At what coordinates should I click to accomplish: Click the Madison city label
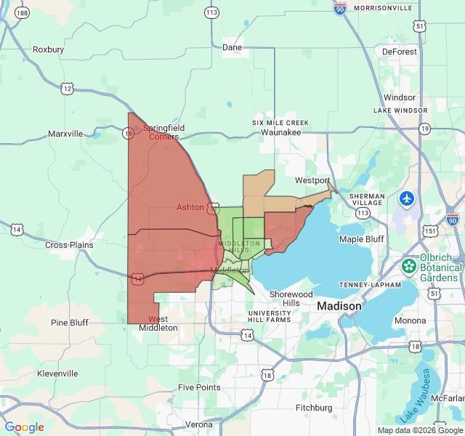(x=339, y=307)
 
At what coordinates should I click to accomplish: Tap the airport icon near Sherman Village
(x=407, y=198)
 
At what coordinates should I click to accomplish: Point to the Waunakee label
(x=280, y=132)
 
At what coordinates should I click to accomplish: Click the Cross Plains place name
(x=69, y=245)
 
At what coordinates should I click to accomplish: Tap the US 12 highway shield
(x=68, y=88)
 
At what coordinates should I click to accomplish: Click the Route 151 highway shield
(x=431, y=230)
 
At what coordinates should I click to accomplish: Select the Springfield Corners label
(x=163, y=132)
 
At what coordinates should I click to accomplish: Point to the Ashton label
(x=190, y=207)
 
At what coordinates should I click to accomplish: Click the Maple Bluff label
(x=361, y=239)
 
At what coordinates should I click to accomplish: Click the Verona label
(x=199, y=424)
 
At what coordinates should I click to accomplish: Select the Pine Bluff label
(x=70, y=323)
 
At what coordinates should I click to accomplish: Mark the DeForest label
(x=399, y=52)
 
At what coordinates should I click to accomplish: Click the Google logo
(x=24, y=427)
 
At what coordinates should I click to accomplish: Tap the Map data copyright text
(x=420, y=430)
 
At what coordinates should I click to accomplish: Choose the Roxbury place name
(x=48, y=49)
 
